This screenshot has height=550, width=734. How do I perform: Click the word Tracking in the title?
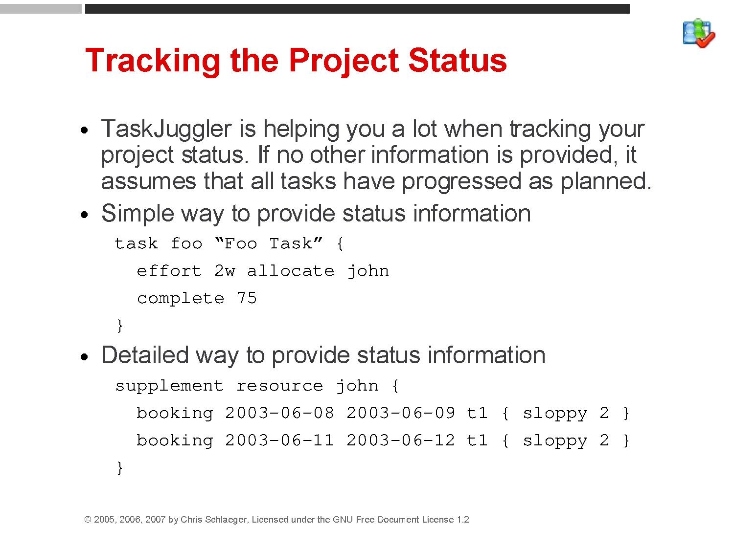pyautogui.click(x=153, y=61)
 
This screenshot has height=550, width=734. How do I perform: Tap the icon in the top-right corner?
pyautogui.click(x=699, y=33)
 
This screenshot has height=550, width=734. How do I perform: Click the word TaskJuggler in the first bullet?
pyautogui.click(x=166, y=130)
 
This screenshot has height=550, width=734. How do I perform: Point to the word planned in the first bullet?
pyautogui.click(x=606, y=182)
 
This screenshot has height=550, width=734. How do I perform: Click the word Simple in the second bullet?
pyautogui.click(x=137, y=214)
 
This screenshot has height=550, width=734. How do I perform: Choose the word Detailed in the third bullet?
pyautogui.click(x=145, y=355)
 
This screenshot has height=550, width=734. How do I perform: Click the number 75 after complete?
pyautogui.click(x=247, y=298)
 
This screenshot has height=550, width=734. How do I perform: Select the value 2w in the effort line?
pyautogui.click(x=225, y=270)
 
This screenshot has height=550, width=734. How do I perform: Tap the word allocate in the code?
pyautogui.click(x=291, y=270)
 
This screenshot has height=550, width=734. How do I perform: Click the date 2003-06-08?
pyautogui.click(x=279, y=413)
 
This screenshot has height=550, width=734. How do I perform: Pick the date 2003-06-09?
pyautogui.click(x=401, y=413)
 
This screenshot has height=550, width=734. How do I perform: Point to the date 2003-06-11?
pyautogui.click(x=279, y=440)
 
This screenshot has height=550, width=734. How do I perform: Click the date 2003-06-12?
pyautogui.click(x=401, y=440)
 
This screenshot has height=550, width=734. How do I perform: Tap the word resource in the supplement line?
pyautogui.click(x=280, y=386)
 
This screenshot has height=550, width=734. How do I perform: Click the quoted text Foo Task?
pyautogui.click(x=269, y=243)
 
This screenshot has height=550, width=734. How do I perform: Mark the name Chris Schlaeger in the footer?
pyautogui.click(x=214, y=520)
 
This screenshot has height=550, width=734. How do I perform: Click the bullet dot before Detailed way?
pyautogui.click(x=85, y=357)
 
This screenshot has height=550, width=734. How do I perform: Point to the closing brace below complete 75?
pyautogui.click(x=120, y=326)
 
